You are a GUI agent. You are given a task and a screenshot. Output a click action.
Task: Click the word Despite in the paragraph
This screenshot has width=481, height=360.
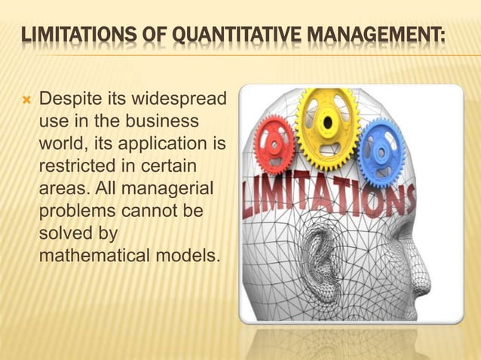tap(67, 99)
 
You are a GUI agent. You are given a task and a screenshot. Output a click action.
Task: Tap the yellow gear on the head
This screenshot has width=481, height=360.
tap(328, 118)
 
